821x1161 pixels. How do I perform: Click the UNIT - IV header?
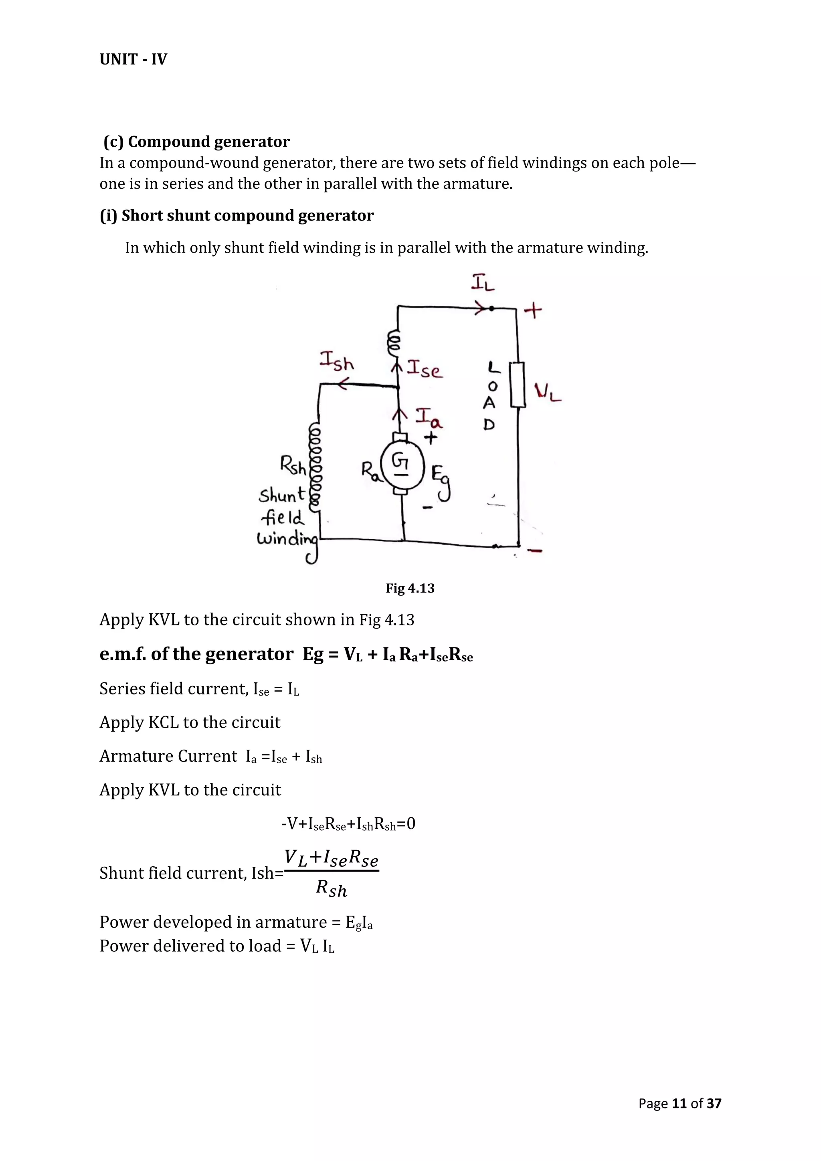133,60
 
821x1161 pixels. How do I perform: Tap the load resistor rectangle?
517,384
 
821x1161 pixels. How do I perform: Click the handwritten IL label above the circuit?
483,283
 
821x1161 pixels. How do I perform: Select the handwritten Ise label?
425,369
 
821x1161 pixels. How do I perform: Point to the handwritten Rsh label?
293,465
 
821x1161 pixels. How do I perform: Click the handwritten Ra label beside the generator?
370,471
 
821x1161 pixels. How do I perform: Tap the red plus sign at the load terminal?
533,310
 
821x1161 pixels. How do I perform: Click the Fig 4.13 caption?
410,588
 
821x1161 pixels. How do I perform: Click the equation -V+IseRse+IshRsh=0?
348,824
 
